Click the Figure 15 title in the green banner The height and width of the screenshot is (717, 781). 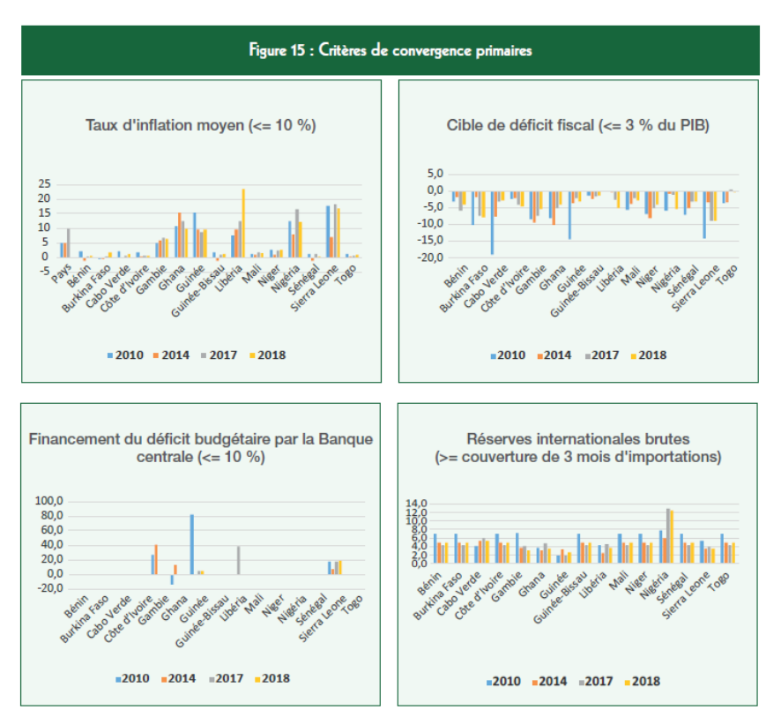click(x=390, y=50)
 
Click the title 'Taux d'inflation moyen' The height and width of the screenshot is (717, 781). click(x=201, y=125)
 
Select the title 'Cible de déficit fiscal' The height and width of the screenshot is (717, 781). click(x=578, y=125)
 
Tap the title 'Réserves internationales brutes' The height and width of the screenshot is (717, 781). click(x=577, y=439)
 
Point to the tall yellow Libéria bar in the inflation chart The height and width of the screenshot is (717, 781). click(x=243, y=222)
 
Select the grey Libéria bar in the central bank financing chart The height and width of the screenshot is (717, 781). click(x=238, y=559)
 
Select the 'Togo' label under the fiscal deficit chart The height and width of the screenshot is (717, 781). click(x=729, y=274)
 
